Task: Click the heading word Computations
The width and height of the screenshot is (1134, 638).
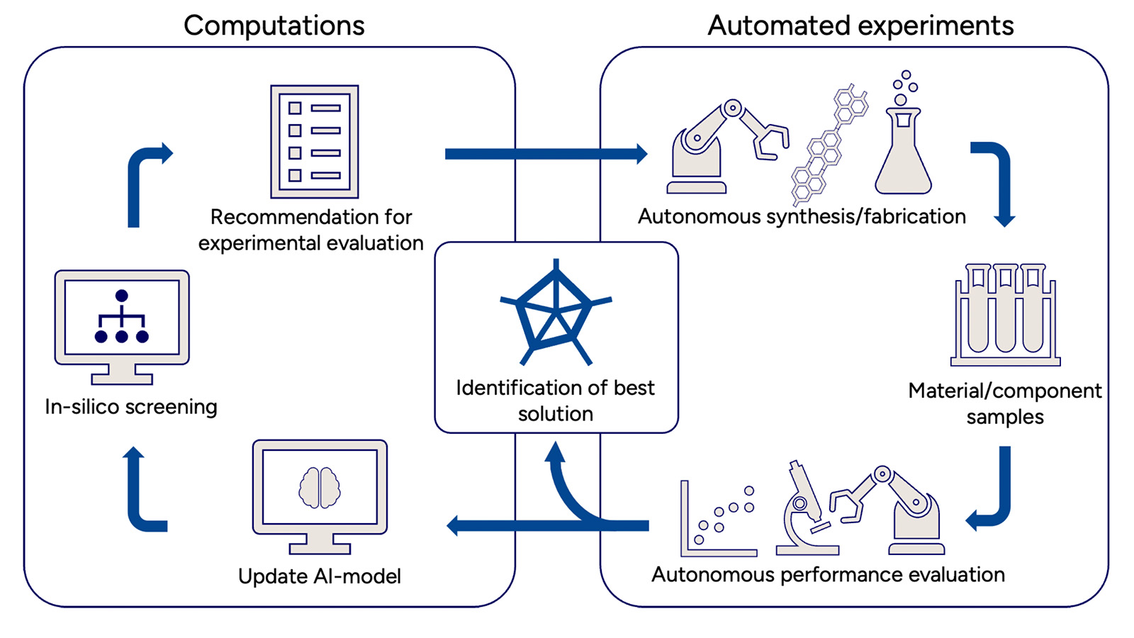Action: pos(274,26)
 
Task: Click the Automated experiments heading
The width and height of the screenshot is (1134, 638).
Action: pos(860,26)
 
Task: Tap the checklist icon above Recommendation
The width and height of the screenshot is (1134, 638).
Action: pos(315,142)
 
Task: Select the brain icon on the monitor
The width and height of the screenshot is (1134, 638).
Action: pos(320,488)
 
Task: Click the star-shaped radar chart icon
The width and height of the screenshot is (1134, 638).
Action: pos(556,313)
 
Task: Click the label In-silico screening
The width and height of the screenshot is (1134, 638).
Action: pos(131,407)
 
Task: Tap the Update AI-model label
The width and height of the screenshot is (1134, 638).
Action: pos(320,576)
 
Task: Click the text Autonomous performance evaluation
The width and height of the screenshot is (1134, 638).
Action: pos(828,574)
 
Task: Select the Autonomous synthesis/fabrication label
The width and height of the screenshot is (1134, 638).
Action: pos(802,216)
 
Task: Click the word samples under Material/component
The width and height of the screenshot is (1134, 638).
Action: pos(1005,417)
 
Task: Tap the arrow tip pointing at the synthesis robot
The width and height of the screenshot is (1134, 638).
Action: pos(641,154)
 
